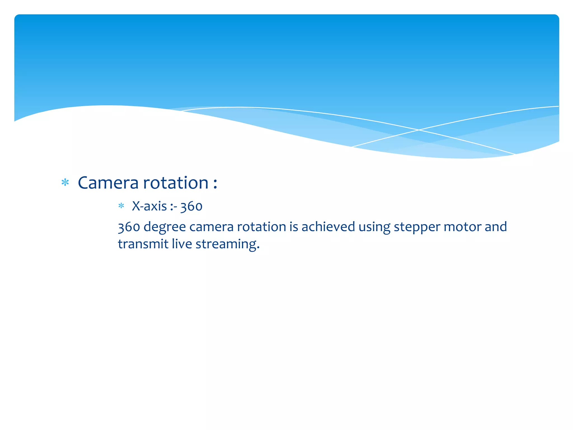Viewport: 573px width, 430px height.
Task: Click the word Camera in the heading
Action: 108,183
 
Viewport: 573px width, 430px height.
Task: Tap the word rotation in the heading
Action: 176,183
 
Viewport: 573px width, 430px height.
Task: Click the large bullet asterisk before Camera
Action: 65,183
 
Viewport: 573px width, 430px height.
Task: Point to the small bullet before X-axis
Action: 121,206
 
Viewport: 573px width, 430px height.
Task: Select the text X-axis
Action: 149,206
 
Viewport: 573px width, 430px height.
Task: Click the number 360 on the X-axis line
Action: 191,207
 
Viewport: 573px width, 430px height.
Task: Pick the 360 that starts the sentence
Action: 129,227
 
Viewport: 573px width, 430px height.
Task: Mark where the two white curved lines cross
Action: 419,130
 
